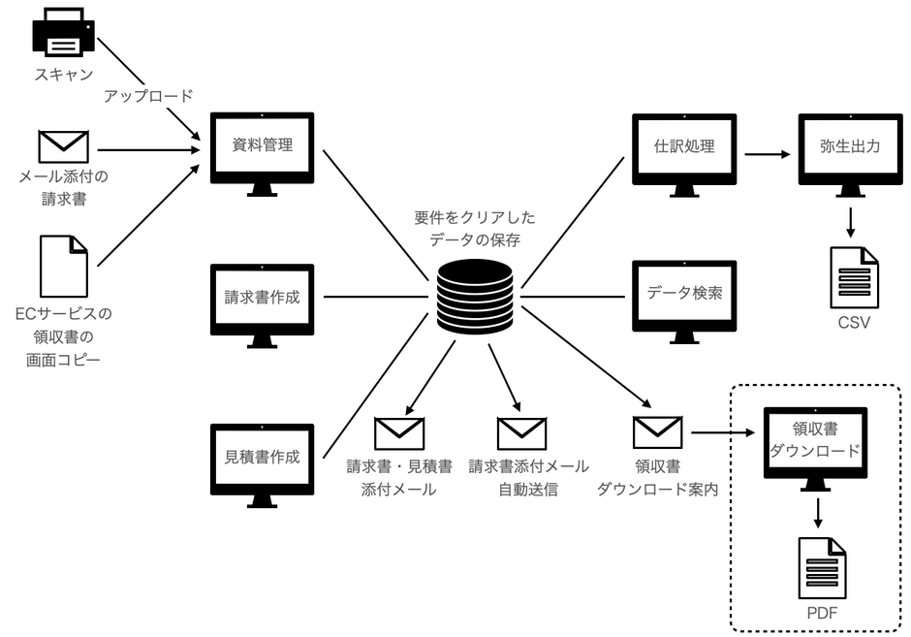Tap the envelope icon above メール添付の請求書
tap(63, 146)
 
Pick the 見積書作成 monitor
tap(262, 456)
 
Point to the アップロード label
tap(148, 95)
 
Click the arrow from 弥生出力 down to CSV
tap(850, 219)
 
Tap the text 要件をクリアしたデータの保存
tap(474, 229)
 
